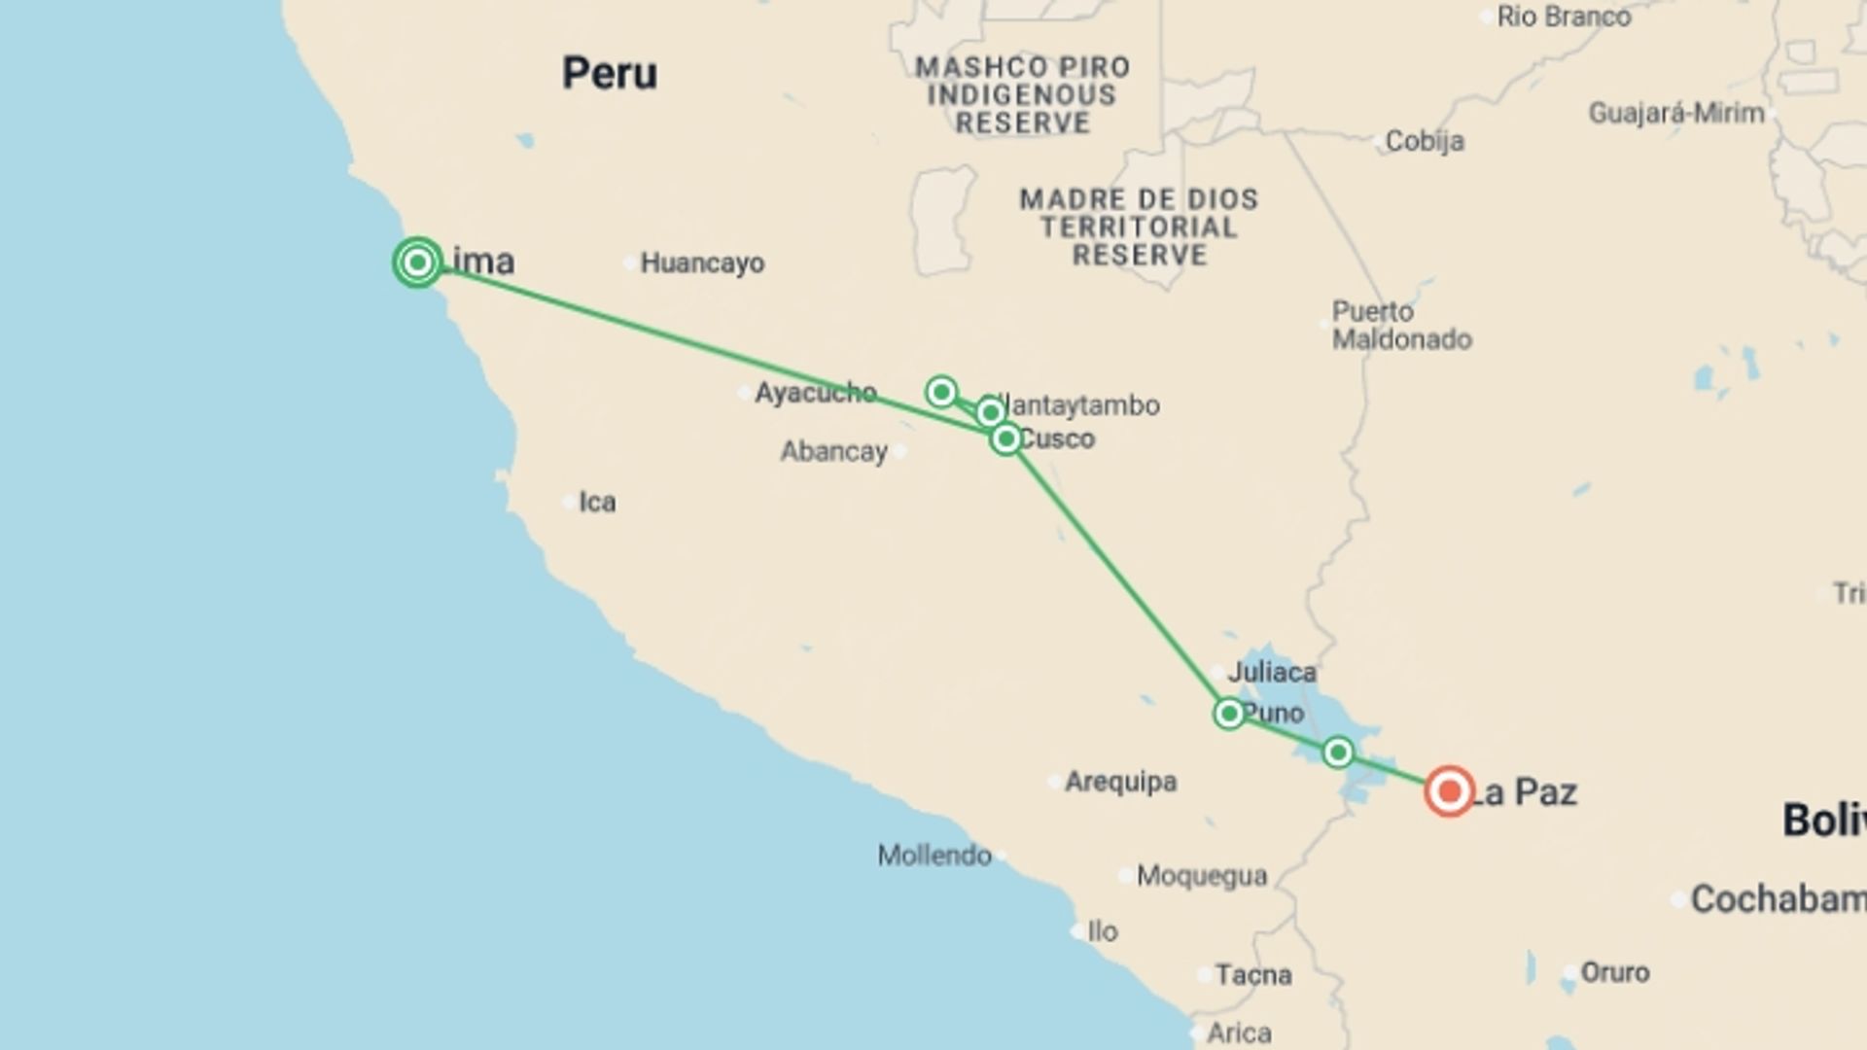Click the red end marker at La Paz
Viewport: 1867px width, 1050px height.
pos(1449,791)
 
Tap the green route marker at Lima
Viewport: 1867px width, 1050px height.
pos(418,262)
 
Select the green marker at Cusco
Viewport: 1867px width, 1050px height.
pos(1006,439)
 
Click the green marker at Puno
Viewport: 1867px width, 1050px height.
pos(1229,715)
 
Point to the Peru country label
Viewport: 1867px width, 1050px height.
pos(610,74)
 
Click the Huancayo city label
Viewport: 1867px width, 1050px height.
pos(701,263)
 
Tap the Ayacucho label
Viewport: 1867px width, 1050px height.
pos(815,393)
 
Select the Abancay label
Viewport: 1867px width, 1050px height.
pos(834,452)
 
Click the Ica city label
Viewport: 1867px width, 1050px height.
pos(596,503)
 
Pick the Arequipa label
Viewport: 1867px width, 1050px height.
pos(1120,782)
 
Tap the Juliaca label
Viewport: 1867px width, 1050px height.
pos(1271,672)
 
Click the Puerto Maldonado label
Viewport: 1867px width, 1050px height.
pos(1400,326)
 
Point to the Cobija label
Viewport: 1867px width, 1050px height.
pos(1425,142)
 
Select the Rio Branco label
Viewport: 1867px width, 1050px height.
pos(1563,17)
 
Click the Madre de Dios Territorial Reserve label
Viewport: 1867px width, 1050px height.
pos(1139,227)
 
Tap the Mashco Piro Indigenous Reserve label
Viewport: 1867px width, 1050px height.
pos(1022,95)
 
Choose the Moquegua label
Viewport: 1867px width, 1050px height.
pos(1201,877)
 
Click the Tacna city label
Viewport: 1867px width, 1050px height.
pos(1252,975)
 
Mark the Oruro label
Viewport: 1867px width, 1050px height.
pos(1614,972)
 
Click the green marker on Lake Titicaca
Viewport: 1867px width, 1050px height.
pos(1338,752)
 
